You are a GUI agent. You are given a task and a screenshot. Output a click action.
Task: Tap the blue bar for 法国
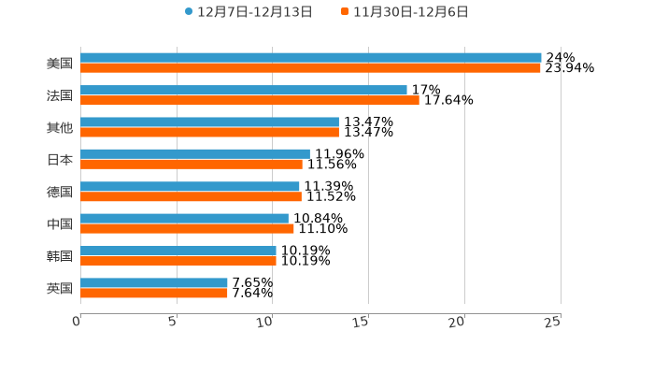[244, 90]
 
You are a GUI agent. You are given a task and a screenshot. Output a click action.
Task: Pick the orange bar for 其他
[209, 132]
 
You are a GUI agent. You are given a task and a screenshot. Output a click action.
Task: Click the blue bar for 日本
[195, 154]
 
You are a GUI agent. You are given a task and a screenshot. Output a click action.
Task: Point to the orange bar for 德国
[191, 196]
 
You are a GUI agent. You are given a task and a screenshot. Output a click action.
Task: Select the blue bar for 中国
[184, 219]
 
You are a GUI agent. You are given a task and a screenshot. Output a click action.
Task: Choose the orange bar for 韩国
[178, 261]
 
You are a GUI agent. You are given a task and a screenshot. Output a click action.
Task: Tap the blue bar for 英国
[154, 282]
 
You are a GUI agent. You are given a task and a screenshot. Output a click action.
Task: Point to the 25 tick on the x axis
[553, 322]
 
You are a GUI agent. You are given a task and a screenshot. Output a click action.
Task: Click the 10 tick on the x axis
[265, 322]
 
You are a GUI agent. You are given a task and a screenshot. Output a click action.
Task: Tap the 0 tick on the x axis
[77, 322]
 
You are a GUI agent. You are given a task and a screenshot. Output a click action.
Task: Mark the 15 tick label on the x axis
[362, 322]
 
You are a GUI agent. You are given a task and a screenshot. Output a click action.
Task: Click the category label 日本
[60, 160]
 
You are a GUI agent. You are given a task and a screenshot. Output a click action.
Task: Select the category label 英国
[60, 288]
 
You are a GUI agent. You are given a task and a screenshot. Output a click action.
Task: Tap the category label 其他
[60, 127]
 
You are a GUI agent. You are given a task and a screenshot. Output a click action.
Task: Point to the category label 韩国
[60, 256]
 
